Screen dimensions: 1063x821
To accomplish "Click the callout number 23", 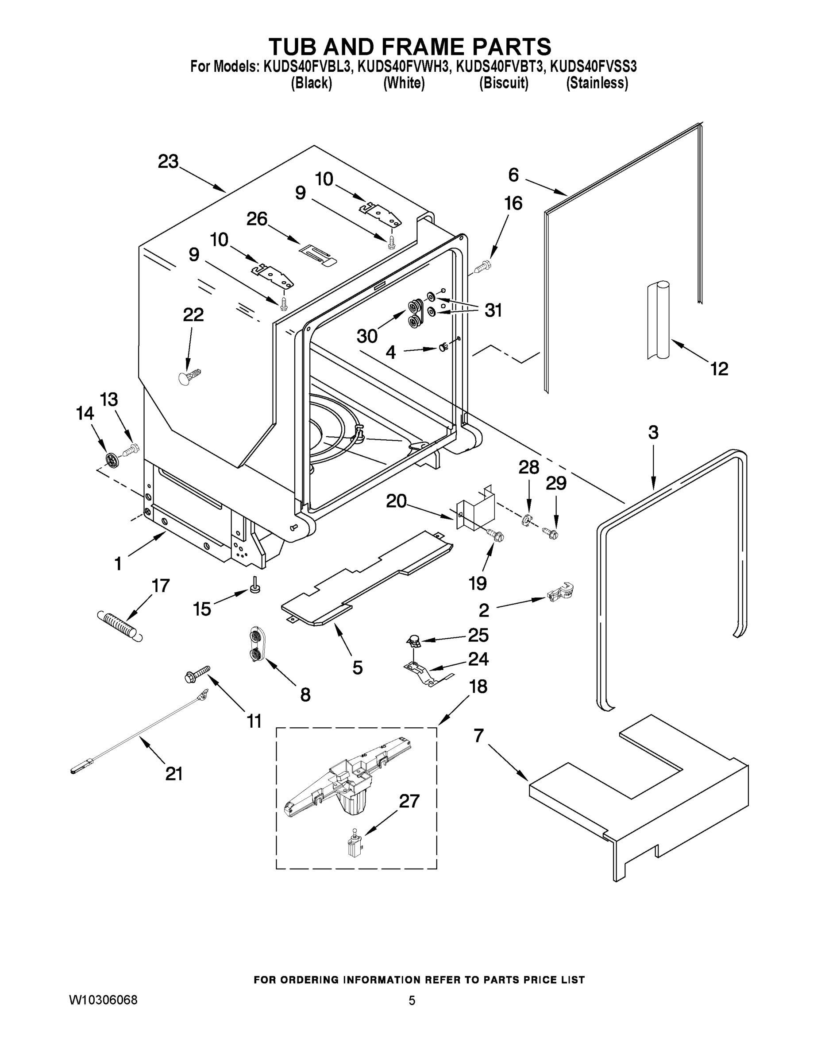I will tap(168, 162).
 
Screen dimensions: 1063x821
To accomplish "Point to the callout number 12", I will tap(719, 369).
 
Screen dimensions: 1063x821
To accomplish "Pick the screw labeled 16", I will tap(483, 266).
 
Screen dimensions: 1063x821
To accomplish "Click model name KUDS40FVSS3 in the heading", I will tap(593, 66).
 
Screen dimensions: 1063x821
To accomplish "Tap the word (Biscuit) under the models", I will tap(503, 83).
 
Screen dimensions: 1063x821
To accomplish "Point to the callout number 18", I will tap(478, 687).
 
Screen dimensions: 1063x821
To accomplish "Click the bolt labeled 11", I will tap(197, 674).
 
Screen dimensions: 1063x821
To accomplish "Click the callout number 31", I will tap(493, 310).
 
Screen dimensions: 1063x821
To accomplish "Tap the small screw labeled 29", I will tap(551, 534).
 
